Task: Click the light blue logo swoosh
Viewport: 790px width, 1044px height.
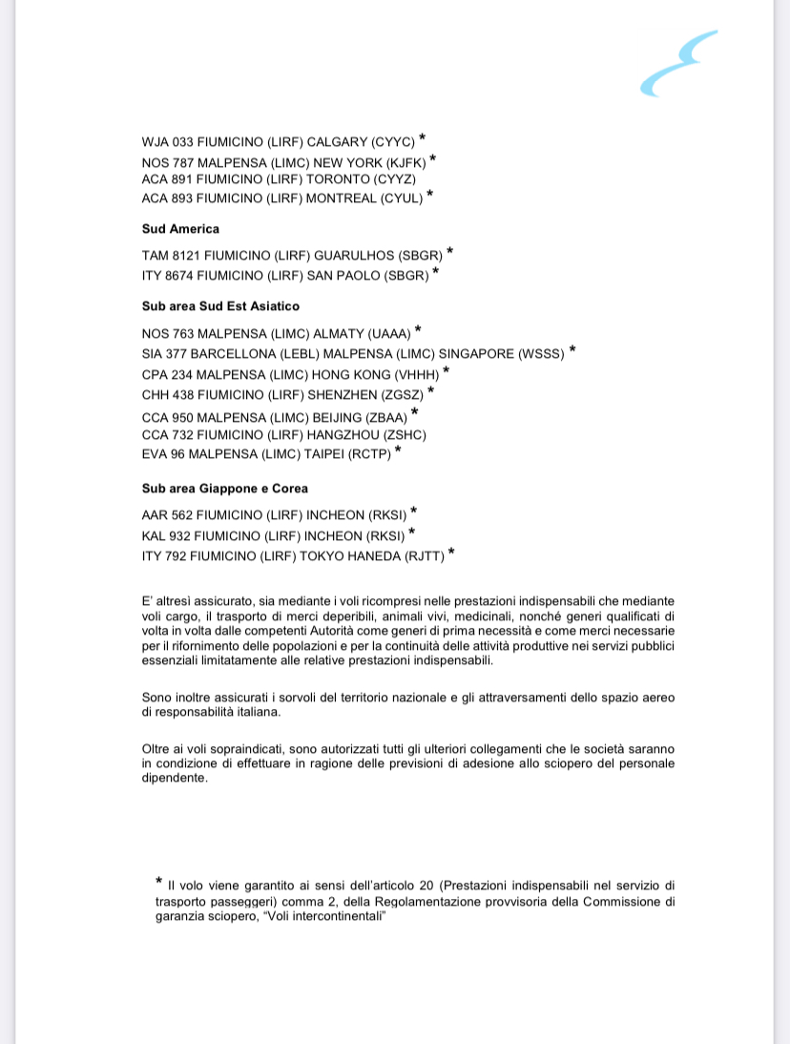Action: pos(677,63)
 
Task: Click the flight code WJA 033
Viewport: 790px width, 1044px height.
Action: pos(167,141)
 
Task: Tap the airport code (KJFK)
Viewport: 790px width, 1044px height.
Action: pos(403,162)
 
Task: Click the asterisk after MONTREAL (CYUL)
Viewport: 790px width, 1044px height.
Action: pos(429,195)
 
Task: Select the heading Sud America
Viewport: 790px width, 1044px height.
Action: pos(180,229)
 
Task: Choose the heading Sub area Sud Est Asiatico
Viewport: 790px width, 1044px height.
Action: pos(220,306)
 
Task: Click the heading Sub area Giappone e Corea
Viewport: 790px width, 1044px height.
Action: pos(224,489)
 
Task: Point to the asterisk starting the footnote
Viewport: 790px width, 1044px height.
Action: pos(159,882)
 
